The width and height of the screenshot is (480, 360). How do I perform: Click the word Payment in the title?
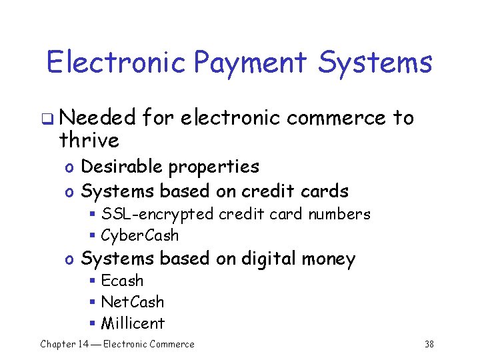pos(249,63)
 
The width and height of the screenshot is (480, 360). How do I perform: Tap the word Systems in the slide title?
pos(375,63)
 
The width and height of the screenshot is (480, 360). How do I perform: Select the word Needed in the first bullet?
pos(97,119)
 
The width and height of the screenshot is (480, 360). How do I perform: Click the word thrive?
pos(89,141)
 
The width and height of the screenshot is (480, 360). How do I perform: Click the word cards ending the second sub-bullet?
pos(324,191)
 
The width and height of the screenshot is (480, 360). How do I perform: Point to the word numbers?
pos(339,214)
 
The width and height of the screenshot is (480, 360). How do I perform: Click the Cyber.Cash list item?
pos(140,235)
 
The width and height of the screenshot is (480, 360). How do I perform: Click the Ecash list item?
pos(122,281)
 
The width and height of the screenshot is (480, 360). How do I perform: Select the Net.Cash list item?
pos(133,302)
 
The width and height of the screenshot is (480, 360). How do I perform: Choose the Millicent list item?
pos(133,323)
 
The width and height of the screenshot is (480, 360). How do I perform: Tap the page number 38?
pos(429,345)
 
